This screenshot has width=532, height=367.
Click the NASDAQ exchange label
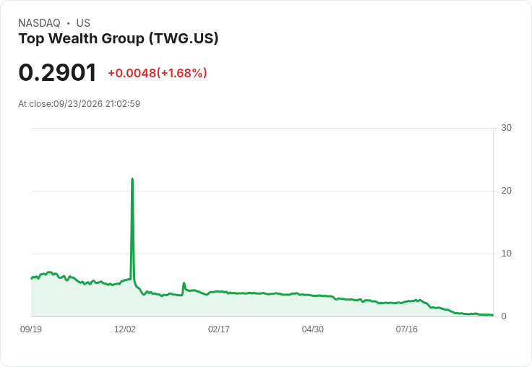pyautogui.click(x=39, y=23)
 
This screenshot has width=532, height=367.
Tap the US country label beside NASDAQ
pyautogui.click(x=83, y=23)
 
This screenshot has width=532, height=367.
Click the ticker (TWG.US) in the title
pyautogui.click(x=184, y=38)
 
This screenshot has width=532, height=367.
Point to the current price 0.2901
pyautogui.click(x=58, y=72)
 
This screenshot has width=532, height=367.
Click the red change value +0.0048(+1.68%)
pyautogui.click(x=158, y=73)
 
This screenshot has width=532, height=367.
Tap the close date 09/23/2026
pyautogui.click(x=78, y=104)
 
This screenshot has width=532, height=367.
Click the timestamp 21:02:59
pyautogui.click(x=122, y=104)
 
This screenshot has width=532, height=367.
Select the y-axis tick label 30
pyautogui.click(x=506, y=128)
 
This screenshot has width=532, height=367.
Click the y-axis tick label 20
pyautogui.click(x=506, y=191)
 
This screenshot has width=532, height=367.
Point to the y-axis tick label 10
pyautogui.click(x=506, y=254)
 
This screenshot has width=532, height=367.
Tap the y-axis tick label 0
pyautogui.click(x=504, y=316)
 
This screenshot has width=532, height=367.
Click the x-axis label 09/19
pyautogui.click(x=31, y=329)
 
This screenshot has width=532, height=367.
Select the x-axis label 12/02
pyautogui.click(x=125, y=329)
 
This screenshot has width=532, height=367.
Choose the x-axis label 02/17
pyautogui.click(x=219, y=329)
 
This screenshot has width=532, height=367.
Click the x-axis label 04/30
pyautogui.click(x=313, y=329)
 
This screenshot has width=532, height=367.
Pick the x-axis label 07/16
pyautogui.click(x=407, y=329)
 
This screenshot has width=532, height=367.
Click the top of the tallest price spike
pyautogui.click(x=132, y=178)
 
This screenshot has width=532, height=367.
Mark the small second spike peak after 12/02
pyautogui.click(x=184, y=283)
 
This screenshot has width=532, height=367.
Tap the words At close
pyautogui.click(x=35, y=104)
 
